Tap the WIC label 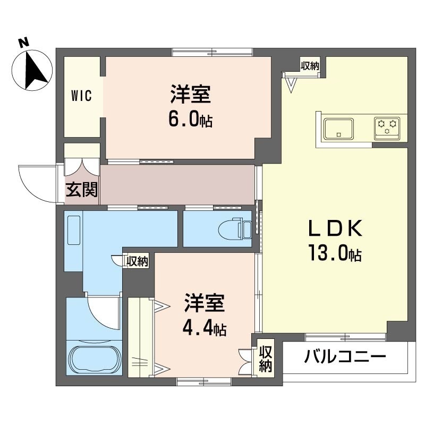(82, 96)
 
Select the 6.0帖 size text (190, 120)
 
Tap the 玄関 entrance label (82, 189)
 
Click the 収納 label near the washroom (138, 261)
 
